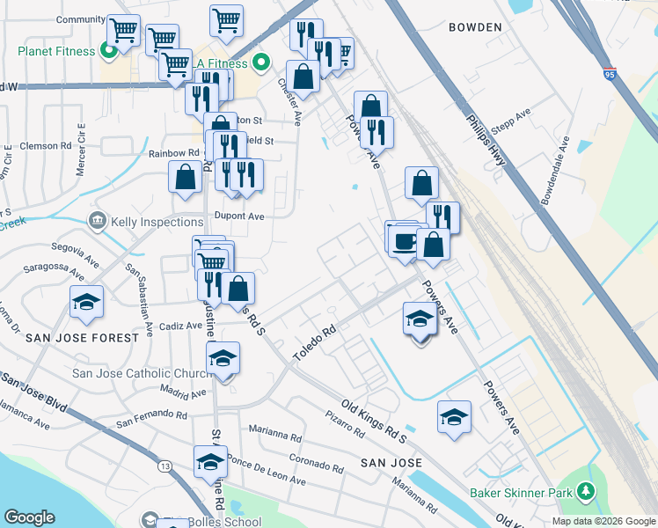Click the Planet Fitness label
click(x=55, y=51)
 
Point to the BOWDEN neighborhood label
click(x=475, y=27)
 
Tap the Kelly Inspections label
click(x=157, y=222)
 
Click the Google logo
click(x=30, y=517)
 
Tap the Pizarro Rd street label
click(x=345, y=424)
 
